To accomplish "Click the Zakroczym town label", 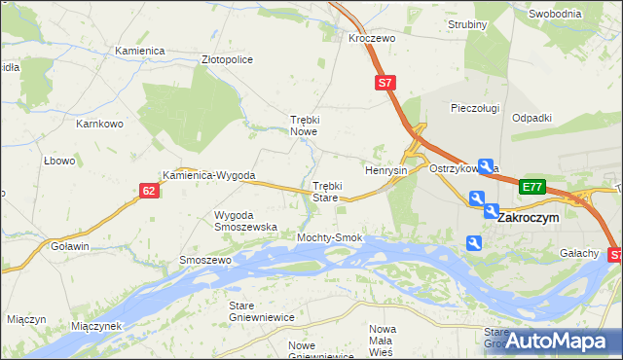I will (x=529, y=219).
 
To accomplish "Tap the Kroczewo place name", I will (x=370, y=37).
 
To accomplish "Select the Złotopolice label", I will (x=227, y=59).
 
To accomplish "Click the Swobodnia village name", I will (x=555, y=14).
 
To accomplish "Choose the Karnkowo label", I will (x=99, y=125).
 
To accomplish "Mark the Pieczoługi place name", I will (x=475, y=108).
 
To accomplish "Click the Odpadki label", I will (x=531, y=117).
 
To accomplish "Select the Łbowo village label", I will (x=58, y=161).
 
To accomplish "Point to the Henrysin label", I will (x=385, y=170).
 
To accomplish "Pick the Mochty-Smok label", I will (x=330, y=237).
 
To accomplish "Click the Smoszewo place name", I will (x=204, y=261).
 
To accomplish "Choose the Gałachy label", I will (x=579, y=253).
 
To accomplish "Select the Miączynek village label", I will (x=95, y=326).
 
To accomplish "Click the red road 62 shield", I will (x=148, y=191).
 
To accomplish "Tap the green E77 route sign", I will (x=531, y=187).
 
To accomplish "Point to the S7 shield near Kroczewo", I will (x=385, y=84).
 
